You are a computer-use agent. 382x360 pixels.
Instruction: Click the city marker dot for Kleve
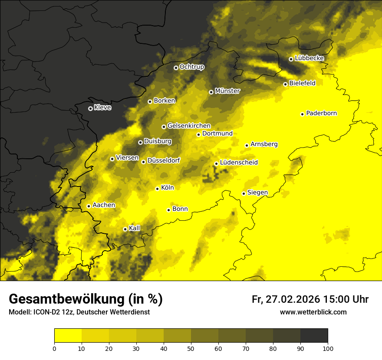click(90, 108)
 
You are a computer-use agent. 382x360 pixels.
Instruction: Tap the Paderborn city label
click(321, 113)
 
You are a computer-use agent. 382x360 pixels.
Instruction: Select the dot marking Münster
click(211, 92)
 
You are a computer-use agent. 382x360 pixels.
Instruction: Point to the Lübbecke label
click(309, 58)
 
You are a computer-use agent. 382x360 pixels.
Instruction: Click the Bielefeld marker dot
click(285, 84)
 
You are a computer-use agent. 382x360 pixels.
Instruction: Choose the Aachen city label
click(104, 205)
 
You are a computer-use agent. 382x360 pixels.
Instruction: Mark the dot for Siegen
click(244, 193)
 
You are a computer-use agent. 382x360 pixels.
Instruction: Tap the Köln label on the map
click(167, 188)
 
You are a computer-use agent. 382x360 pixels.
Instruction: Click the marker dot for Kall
click(125, 229)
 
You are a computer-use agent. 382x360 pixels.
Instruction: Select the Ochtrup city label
click(191, 67)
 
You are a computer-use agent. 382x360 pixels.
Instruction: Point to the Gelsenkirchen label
click(189, 126)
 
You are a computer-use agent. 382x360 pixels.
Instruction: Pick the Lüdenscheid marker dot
click(216, 164)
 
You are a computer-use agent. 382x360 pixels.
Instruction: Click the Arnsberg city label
click(264, 144)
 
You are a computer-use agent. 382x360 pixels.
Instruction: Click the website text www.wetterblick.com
click(313, 312)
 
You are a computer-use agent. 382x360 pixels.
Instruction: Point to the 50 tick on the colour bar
click(191, 348)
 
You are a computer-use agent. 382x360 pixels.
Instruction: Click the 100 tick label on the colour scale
click(328, 348)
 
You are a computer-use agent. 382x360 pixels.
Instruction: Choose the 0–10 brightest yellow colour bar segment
click(68, 336)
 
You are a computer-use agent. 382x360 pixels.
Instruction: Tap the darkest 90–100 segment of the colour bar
click(314, 336)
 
